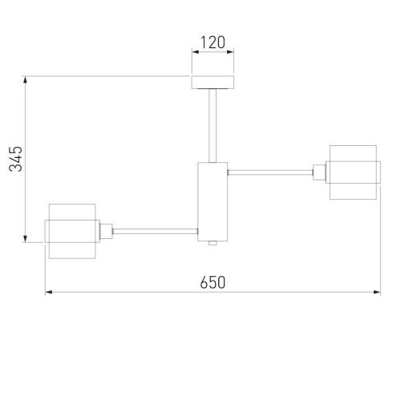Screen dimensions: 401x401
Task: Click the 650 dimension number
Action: pyautogui.click(x=212, y=282)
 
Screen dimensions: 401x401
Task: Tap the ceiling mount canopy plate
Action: pyautogui.click(x=213, y=83)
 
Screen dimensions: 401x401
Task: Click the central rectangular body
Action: pyautogui.click(x=213, y=200)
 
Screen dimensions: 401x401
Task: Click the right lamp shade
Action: pyautogui.click(x=354, y=170)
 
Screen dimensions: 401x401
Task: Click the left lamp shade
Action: pyautogui.click(x=71, y=231)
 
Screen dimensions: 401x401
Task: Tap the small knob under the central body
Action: pyautogui.click(x=213, y=241)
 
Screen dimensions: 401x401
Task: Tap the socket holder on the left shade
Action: pyautogui.click(x=105, y=231)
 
